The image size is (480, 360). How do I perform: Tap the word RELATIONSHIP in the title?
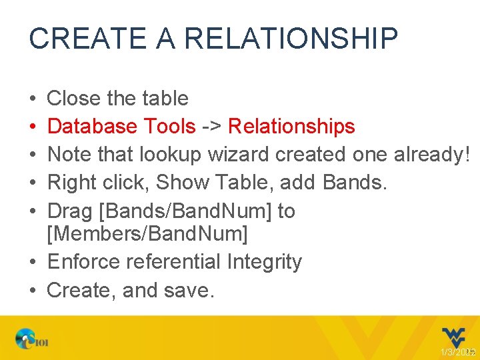click(x=291, y=39)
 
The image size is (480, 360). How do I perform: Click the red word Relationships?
click(x=291, y=126)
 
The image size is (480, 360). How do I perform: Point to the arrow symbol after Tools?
click(x=212, y=126)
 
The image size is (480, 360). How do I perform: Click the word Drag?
click(x=70, y=211)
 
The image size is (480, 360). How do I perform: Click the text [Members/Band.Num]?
click(x=147, y=234)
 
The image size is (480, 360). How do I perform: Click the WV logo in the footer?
click(x=455, y=337)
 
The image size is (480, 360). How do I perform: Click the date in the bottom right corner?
click(x=457, y=351)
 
